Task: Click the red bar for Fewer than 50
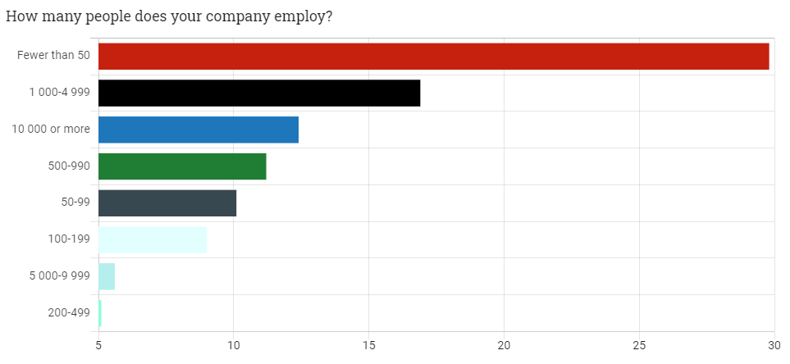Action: pyautogui.click(x=433, y=57)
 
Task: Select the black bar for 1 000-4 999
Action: pyautogui.click(x=259, y=93)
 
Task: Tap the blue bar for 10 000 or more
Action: pyautogui.click(x=199, y=130)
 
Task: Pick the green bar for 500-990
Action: pyautogui.click(x=182, y=166)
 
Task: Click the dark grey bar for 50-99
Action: pyautogui.click(x=167, y=203)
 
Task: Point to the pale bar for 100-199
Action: pyautogui.click(x=153, y=240)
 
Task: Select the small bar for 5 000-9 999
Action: pyautogui.click(x=107, y=277)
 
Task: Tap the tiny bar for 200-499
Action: pyautogui.click(x=100, y=313)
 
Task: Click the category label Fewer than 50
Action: pyautogui.click(x=53, y=56)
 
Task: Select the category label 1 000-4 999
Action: pyautogui.click(x=59, y=93)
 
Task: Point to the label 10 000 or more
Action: pyautogui.click(x=51, y=130)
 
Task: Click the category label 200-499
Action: pyautogui.click(x=68, y=313)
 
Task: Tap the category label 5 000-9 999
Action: pyautogui.click(x=59, y=276)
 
